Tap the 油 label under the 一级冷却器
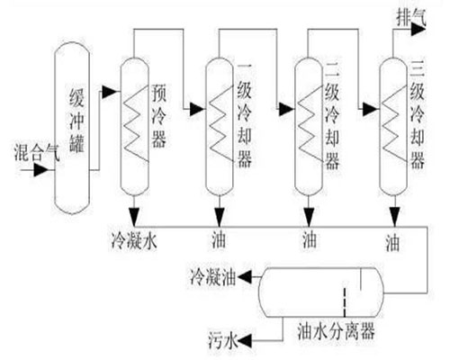220,240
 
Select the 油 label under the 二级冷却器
306,240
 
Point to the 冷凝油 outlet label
214,272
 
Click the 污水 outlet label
224,340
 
